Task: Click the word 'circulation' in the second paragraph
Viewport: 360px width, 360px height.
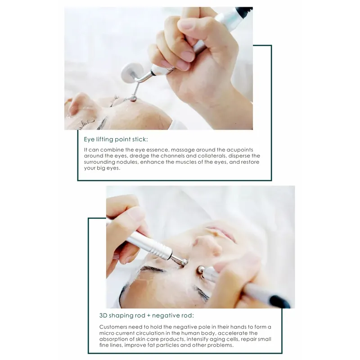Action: coord(139,333)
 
